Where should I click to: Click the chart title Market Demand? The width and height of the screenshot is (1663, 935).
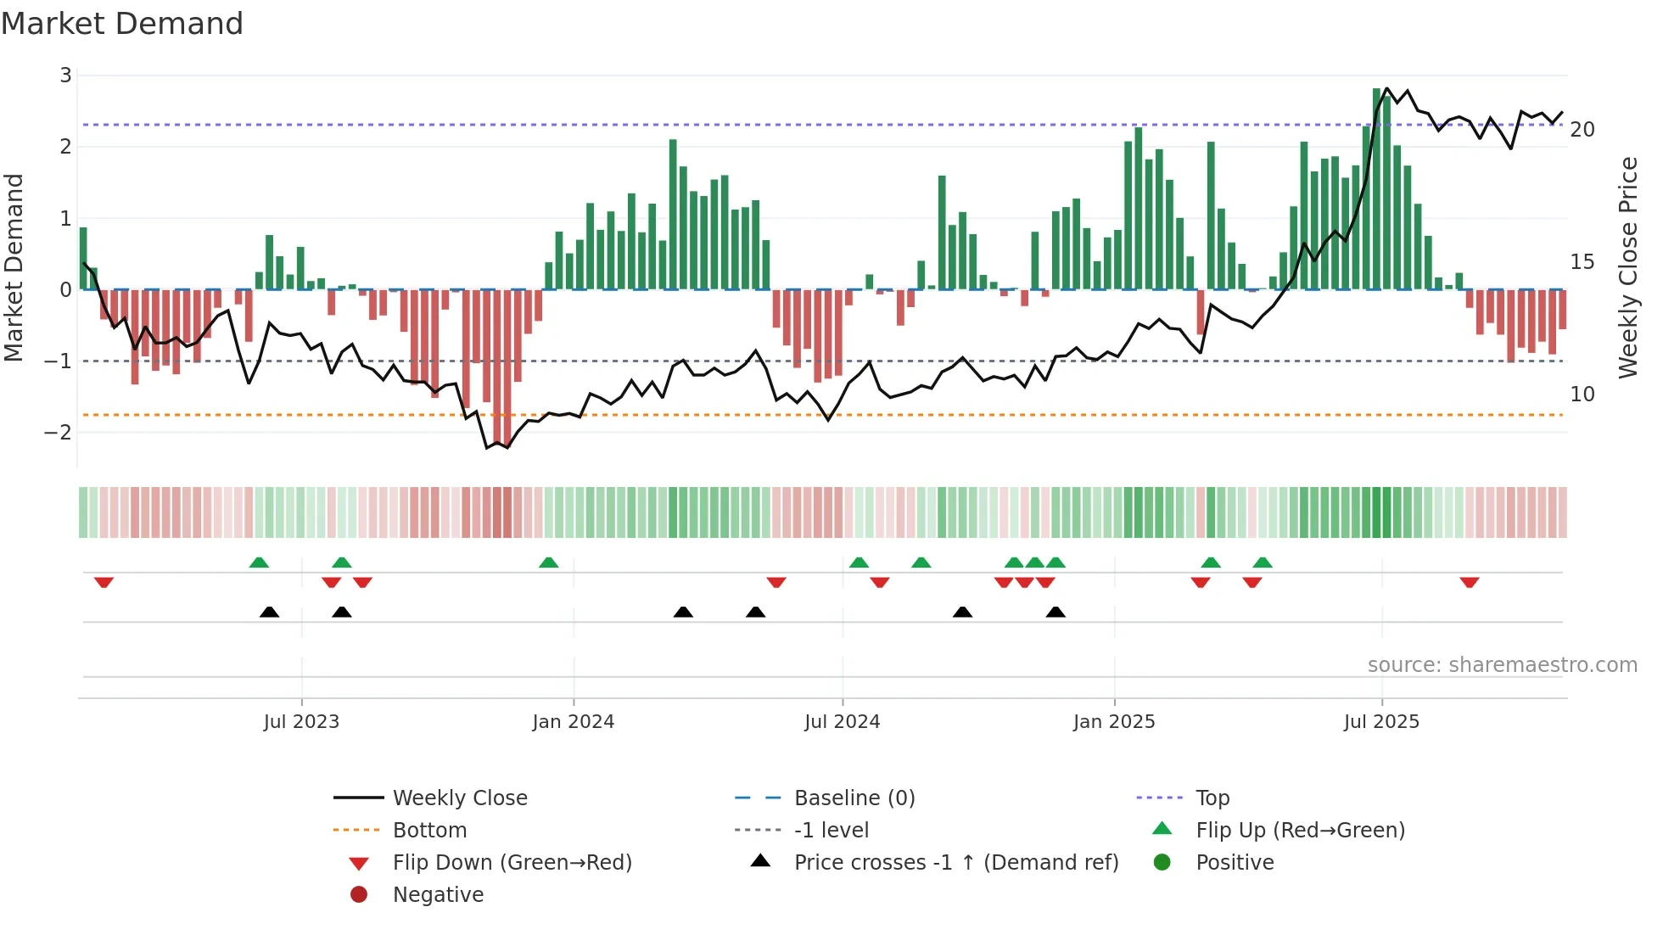[x=122, y=24]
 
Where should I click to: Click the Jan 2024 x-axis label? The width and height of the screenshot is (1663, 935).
[x=573, y=722]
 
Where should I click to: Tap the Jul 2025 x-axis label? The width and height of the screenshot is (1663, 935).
[x=1381, y=722]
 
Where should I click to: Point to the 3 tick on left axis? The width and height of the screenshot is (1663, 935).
[x=65, y=76]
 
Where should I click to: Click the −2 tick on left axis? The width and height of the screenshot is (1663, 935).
[x=59, y=432]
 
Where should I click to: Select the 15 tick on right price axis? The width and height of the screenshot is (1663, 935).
[x=1582, y=262]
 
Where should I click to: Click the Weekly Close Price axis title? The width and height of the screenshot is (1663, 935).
[x=1627, y=267]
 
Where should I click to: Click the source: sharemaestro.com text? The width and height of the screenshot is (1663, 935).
[x=1502, y=665]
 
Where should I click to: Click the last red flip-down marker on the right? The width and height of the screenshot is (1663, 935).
[x=1470, y=582]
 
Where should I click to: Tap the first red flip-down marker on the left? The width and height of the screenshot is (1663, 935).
[x=104, y=582]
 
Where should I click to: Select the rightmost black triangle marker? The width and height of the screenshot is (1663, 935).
[x=1055, y=612]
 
